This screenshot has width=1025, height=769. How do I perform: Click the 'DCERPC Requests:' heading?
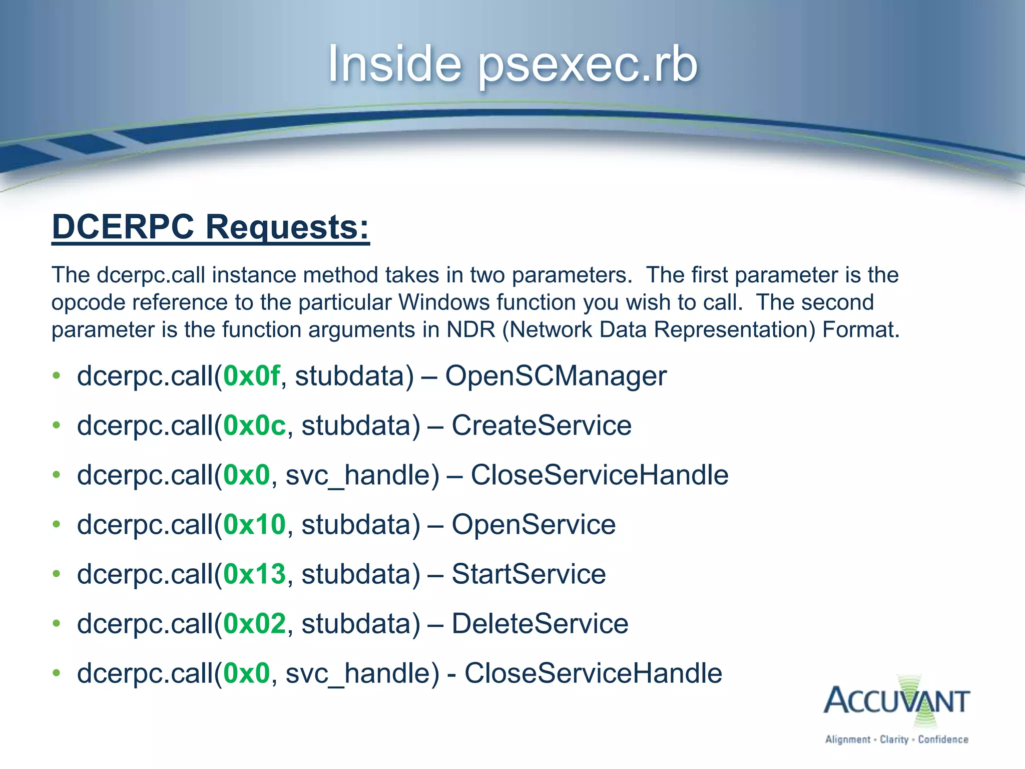pos(211,227)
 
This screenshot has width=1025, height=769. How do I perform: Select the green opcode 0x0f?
pos(251,375)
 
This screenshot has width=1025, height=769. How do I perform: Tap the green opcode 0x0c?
pos(254,425)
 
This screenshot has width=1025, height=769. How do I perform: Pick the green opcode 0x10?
pos(254,524)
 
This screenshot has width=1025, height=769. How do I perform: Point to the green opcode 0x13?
pos(254,574)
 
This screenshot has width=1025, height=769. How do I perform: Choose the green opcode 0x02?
pos(254,623)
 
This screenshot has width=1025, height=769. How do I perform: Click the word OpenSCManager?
pos(556,375)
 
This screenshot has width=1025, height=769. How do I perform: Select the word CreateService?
pos(542,425)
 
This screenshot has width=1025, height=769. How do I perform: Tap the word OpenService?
pos(534,524)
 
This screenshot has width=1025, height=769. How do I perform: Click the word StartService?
pos(529,574)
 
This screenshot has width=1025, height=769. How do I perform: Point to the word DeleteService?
pos(540,623)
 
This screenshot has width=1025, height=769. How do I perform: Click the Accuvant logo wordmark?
pos(896,701)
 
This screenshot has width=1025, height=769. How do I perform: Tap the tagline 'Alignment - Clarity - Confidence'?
pos(896,739)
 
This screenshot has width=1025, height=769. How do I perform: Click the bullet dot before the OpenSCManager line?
pos(57,375)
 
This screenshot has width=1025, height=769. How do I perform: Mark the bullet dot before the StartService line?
pos(57,574)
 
